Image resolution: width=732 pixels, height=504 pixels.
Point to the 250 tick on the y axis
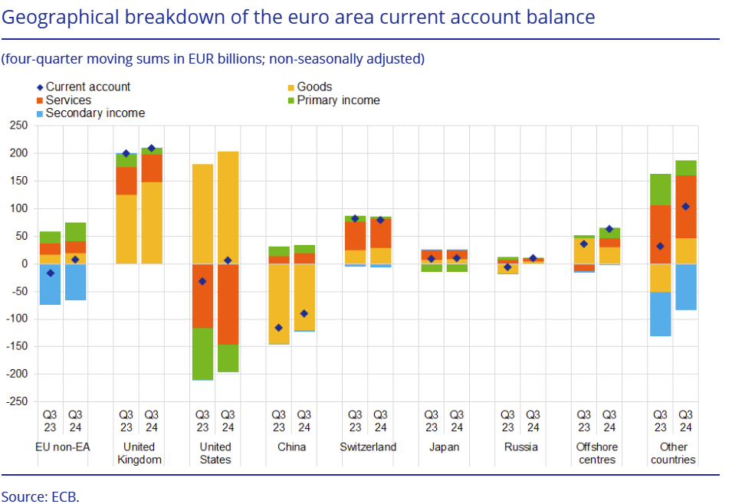[18, 126]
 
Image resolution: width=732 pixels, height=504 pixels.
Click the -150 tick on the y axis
[17, 346]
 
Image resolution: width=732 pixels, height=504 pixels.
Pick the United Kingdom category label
[139, 453]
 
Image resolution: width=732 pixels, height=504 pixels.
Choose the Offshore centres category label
[596, 453]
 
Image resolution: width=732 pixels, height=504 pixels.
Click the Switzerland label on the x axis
[368, 447]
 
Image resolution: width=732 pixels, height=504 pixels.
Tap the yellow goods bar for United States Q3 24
[228, 207]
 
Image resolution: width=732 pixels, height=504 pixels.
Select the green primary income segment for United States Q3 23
[202, 353]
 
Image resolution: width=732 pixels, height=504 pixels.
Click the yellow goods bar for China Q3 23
[279, 303]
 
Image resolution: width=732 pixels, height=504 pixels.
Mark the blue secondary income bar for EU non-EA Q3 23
[50, 283]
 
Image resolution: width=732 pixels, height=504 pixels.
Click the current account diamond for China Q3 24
[304, 313]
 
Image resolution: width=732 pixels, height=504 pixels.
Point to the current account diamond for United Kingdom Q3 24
[151, 149]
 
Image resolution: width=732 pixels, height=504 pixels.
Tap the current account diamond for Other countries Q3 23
[660, 246]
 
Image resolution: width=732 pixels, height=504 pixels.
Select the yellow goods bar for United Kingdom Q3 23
[126, 229]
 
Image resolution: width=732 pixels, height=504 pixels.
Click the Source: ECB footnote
[40, 495]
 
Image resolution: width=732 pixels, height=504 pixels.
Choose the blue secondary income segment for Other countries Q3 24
[686, 286]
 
